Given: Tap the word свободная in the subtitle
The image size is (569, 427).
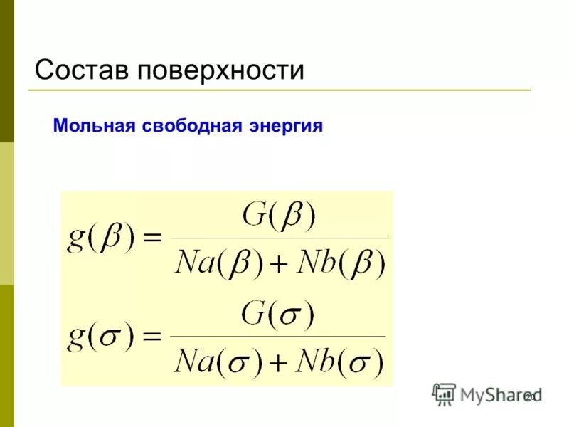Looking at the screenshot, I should [188, 127].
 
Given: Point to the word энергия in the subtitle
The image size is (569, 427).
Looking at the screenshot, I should [284, 127].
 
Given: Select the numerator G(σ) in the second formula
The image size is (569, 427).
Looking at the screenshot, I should [278, 314].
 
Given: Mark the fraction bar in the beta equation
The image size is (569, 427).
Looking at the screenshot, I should [280, 238].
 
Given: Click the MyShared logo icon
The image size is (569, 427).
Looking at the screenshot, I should [444, 394].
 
